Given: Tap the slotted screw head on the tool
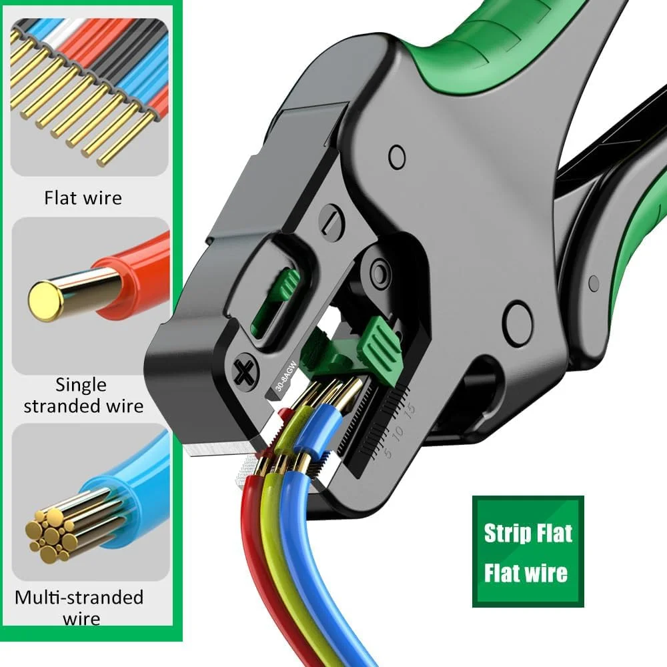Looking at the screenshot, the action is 331,220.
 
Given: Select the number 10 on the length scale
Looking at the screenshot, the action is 398,432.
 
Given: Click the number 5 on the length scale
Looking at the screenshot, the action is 387,453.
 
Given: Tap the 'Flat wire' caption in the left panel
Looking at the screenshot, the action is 83,198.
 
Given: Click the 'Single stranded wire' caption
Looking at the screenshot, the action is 83,395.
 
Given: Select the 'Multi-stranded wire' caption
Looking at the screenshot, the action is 79,608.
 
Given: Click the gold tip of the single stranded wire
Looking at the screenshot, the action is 46,301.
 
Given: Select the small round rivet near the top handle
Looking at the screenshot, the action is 397,157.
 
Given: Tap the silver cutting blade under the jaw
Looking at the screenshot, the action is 218,448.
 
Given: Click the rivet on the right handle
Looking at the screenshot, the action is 594,283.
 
